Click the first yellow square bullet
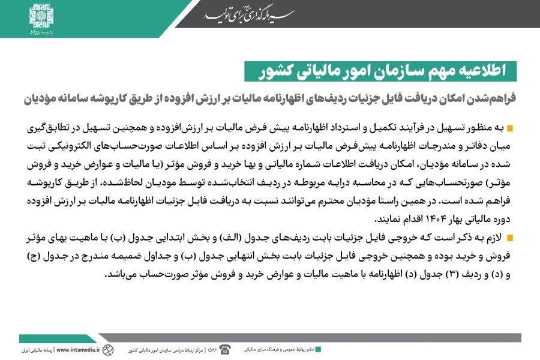pyautogui.click(x=511, y=129)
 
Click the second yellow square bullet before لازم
pyautogui.click(x=511, y=239)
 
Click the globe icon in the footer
pyautogui.click(x=107, y=349)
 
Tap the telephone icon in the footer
pyautogui.click(x=225, y=349)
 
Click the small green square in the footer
pyautogui.click(x=318, y=349)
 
